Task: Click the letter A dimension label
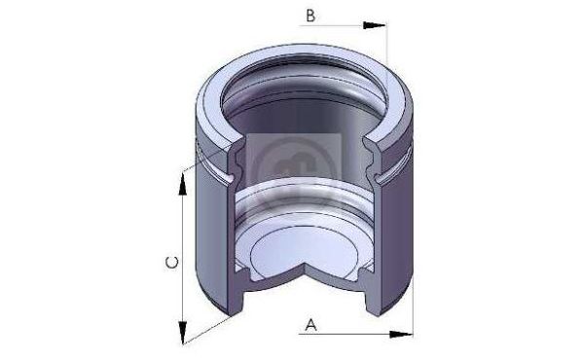pyautogui.click(x=311, y=325)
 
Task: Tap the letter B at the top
pyautogui.click(x=311, y=16)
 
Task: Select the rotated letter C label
pyautogui.click(x=171, y=263)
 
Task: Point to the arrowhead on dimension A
pyautogui.click(x=401, y=335)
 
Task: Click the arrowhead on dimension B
pyautogui.click(x=374, y=25)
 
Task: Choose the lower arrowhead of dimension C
pyautogui.click(x=182, y=333)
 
